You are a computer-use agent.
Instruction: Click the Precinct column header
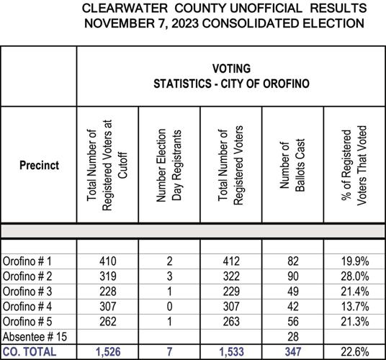point(39,165)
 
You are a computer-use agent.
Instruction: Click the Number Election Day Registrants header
point(170,166)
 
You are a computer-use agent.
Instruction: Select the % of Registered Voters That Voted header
point(354,166)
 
